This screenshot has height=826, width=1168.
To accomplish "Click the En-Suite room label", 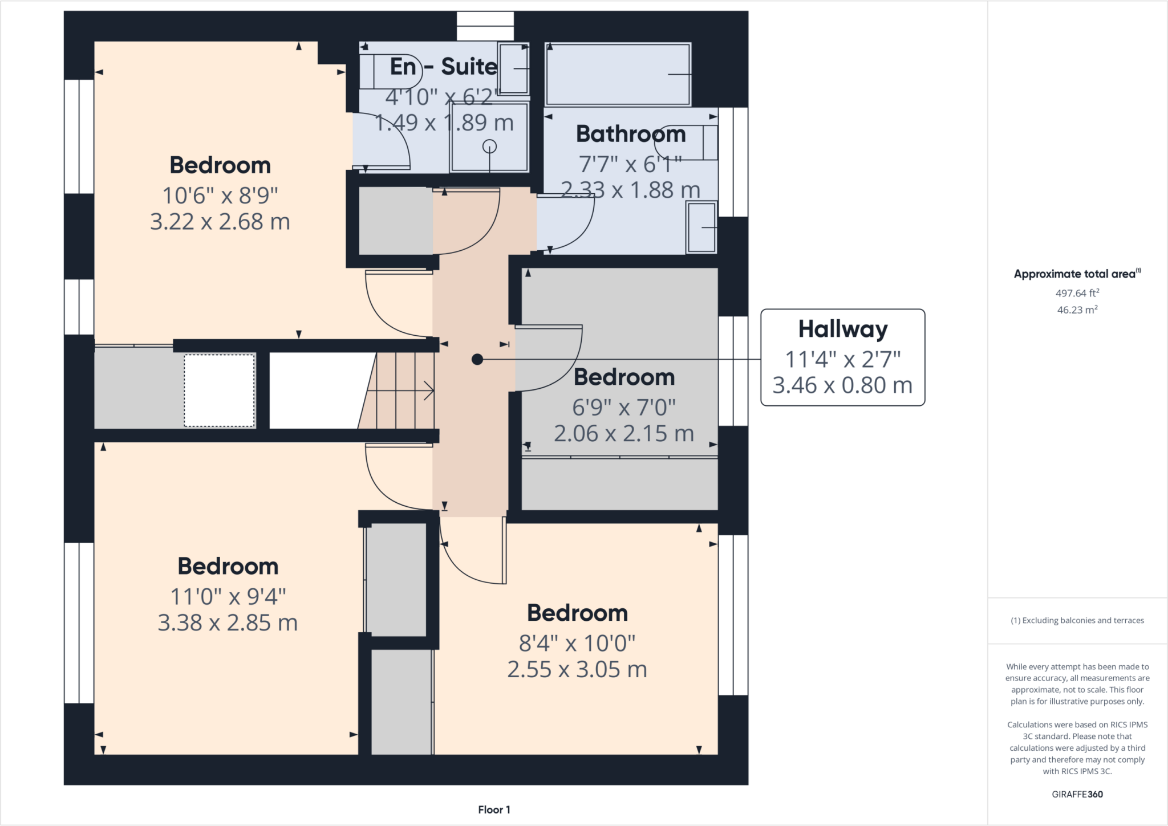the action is pos(444,67).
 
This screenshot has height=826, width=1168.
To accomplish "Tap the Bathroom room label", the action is pos(631,134).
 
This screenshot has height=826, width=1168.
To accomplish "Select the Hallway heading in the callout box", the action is pos(843,329).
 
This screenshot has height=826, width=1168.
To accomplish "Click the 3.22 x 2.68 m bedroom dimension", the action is pos(220,222).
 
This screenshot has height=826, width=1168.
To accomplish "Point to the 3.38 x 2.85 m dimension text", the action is pos(228,623).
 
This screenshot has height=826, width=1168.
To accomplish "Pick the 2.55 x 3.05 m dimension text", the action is pos(577,669).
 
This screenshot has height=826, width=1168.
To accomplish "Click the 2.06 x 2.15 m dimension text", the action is pos(624,434).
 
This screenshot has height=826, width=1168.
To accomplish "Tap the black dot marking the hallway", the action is pos(477,359).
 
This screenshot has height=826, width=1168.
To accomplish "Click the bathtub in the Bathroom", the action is pos(618,74).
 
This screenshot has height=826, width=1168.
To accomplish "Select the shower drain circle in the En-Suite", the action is pos(489,147).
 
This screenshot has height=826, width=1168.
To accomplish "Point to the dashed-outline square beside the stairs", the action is pos(219,390).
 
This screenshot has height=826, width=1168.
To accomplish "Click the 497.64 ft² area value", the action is pos(1077,293).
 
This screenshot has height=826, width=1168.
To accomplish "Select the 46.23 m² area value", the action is pos(1077,310).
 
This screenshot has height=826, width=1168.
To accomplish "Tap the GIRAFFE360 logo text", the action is pos(1077,794).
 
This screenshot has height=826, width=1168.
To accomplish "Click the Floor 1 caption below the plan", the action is pos(494,809).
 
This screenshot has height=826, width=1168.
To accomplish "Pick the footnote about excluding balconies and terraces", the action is pos(1077,620).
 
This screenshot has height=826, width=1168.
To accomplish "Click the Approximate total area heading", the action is pos(1077,274).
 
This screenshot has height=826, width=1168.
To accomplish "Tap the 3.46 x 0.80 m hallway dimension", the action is pos(842,385).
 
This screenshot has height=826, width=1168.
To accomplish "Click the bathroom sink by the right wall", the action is pos(701,227).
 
